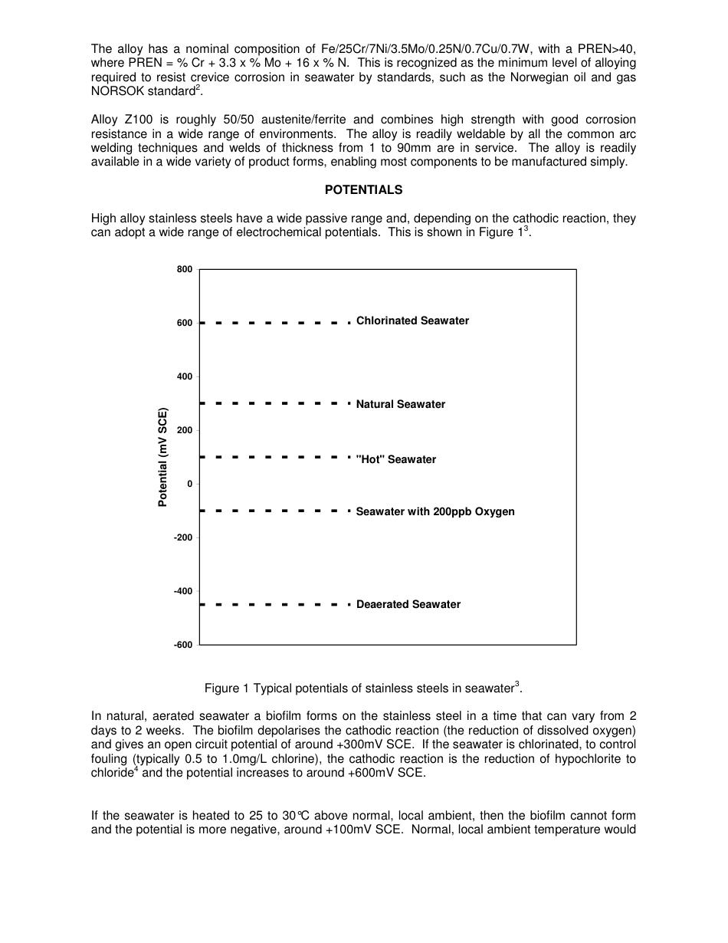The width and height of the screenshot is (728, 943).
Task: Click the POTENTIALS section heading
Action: coord(363,189)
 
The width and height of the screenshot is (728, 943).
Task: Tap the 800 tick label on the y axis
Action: coord(184,269)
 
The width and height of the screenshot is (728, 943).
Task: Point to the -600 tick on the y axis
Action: coord(182,645)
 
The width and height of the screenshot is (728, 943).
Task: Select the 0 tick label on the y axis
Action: coord(189,484)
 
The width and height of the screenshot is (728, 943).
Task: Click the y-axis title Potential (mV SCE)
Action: coord(162,458)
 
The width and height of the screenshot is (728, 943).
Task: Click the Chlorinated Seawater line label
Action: coord(412,321)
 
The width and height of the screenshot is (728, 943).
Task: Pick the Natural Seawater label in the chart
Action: coord(400,405)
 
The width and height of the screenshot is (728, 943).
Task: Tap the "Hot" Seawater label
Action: coord(395,460)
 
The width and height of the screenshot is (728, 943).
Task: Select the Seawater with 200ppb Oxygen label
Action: coord(435,511)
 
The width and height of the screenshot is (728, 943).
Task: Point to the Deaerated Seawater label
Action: coord(408,605)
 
